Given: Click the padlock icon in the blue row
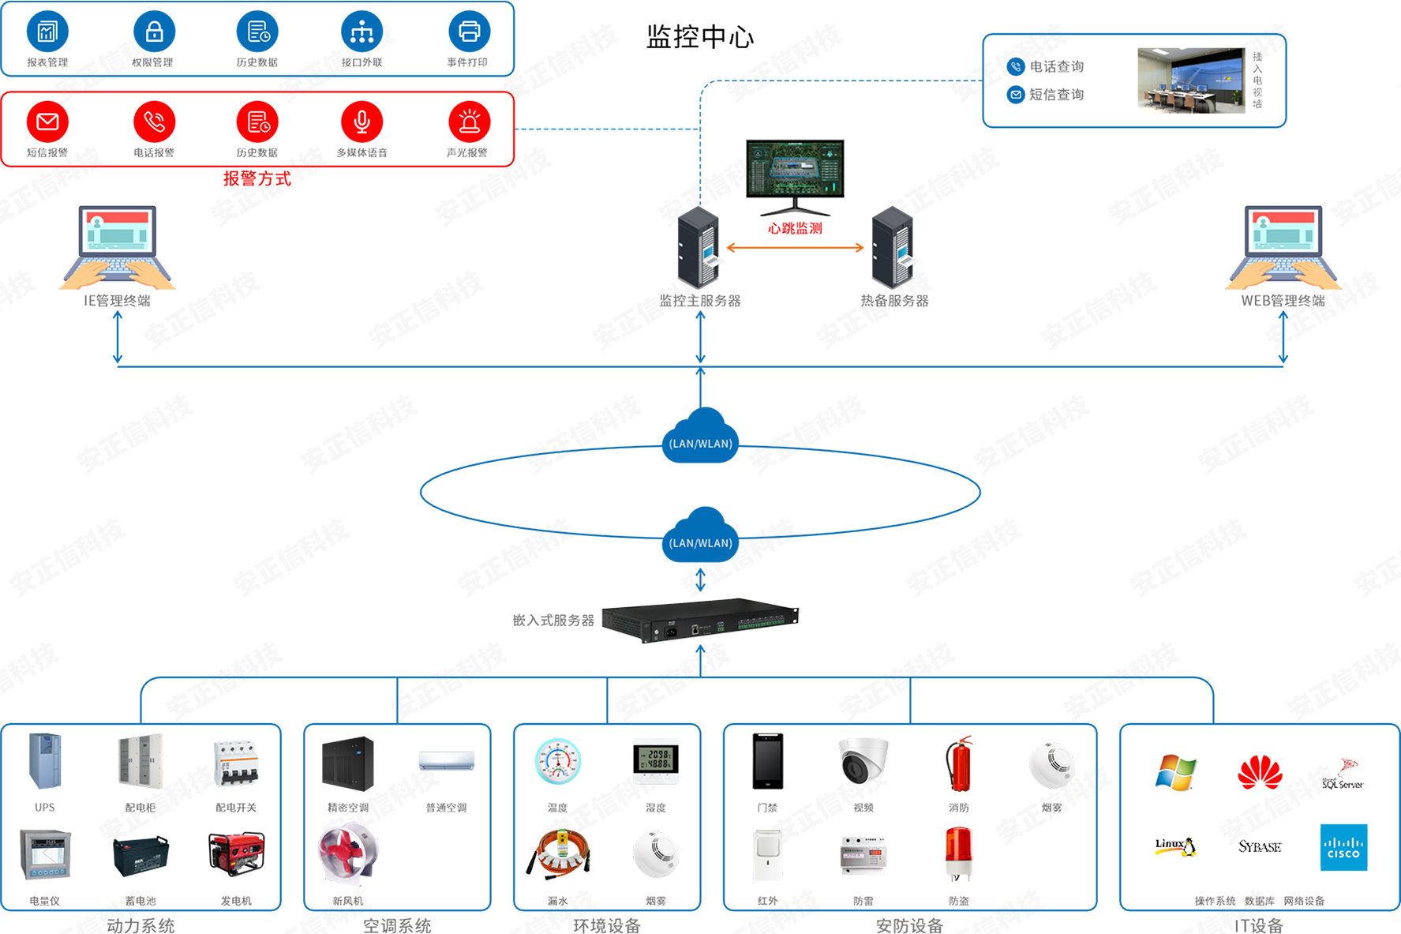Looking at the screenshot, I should [155, 32].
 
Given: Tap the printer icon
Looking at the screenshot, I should [469, 32].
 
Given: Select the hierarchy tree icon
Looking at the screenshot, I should [362, 32].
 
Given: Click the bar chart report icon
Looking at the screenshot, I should [48, 32].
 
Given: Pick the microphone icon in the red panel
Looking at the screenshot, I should [362, 122].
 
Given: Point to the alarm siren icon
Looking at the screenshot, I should [470, 122].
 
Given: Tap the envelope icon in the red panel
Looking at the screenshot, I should [48, 122].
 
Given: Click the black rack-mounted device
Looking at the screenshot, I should [699, 624].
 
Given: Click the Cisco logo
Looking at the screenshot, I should [1343, 849].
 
